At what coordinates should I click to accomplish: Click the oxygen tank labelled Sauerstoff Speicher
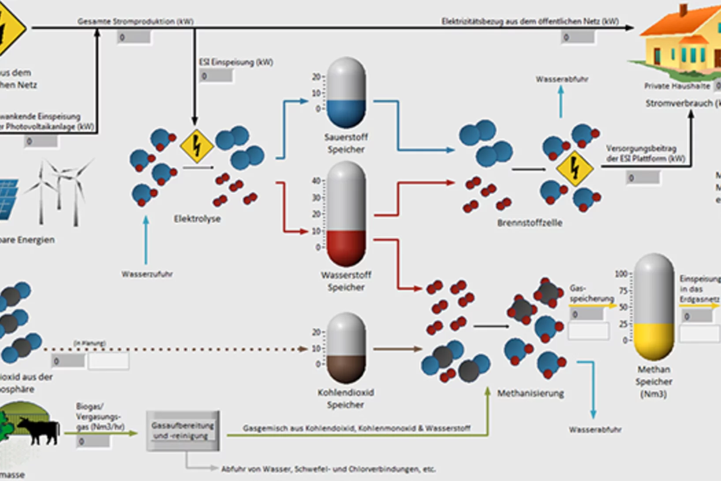click(346, 93)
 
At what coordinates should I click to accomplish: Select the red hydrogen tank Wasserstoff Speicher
click(346, 214)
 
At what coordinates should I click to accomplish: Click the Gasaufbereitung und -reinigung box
click(183, 431)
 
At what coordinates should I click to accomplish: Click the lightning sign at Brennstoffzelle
click(574, 168)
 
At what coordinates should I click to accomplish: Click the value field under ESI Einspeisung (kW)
click(216, 76)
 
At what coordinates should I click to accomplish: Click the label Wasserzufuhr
click(147, 274)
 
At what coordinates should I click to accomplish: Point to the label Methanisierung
click(530, 393)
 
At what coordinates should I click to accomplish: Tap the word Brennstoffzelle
click(530, 223)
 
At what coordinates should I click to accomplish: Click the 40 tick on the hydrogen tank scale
click(316, 181)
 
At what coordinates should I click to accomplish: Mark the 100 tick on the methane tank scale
click(621, 274)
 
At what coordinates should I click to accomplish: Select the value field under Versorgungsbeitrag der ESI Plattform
click(643, 178)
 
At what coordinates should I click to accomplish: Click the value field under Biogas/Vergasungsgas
click(93, 441)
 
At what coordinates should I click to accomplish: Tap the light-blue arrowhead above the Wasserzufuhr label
click(146, 219)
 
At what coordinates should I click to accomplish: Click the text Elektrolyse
click(197, 218)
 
